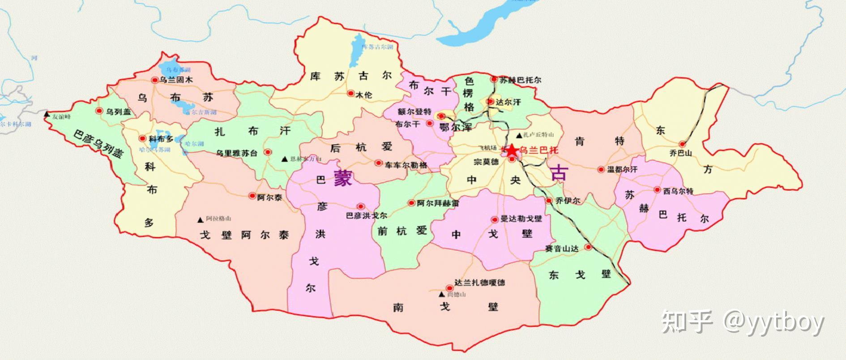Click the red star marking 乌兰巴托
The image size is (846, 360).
pyautogui.click(x=511, y=150)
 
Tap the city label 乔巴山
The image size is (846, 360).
pyautogui.click(x=680, y=153)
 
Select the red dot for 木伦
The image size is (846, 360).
pyautogui.click(x=350, y=93)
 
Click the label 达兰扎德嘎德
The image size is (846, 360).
pyautogui.click(x=479, y=283)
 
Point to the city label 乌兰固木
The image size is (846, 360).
pyautogui.click(x=176, y=80)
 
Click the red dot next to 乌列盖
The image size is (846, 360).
pyautogui.click(x=99, y=111)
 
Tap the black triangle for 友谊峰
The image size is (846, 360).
pyautogui.click(x=47, y=115)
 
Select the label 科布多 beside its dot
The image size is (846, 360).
pyautogui.click(x=161, y=139)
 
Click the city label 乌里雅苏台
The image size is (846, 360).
pyautogui.click(x=237, y=153)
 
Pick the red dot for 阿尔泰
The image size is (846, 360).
pyautogui.click(x=252, y=196)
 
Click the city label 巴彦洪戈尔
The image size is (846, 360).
pyautogui.click(x=367, y=215)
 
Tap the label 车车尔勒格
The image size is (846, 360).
pyautogui.click(x=406, y=165)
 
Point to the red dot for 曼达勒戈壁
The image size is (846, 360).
pyautogui.click(x=495, y=219)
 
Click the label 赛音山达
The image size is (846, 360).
pyautogui.click(x=562, y=249)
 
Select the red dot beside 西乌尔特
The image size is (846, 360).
pyautogui.click(x=658, y=190)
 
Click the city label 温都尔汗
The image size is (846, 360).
pyautogui.click(x=622, y=170)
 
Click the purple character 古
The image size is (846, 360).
pyautogui.click(x=560, y=172)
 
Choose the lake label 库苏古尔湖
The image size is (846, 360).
pyautogui.click(x=377, y=47)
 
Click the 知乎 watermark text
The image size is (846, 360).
pyautogui.click(x=687, y=322)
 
